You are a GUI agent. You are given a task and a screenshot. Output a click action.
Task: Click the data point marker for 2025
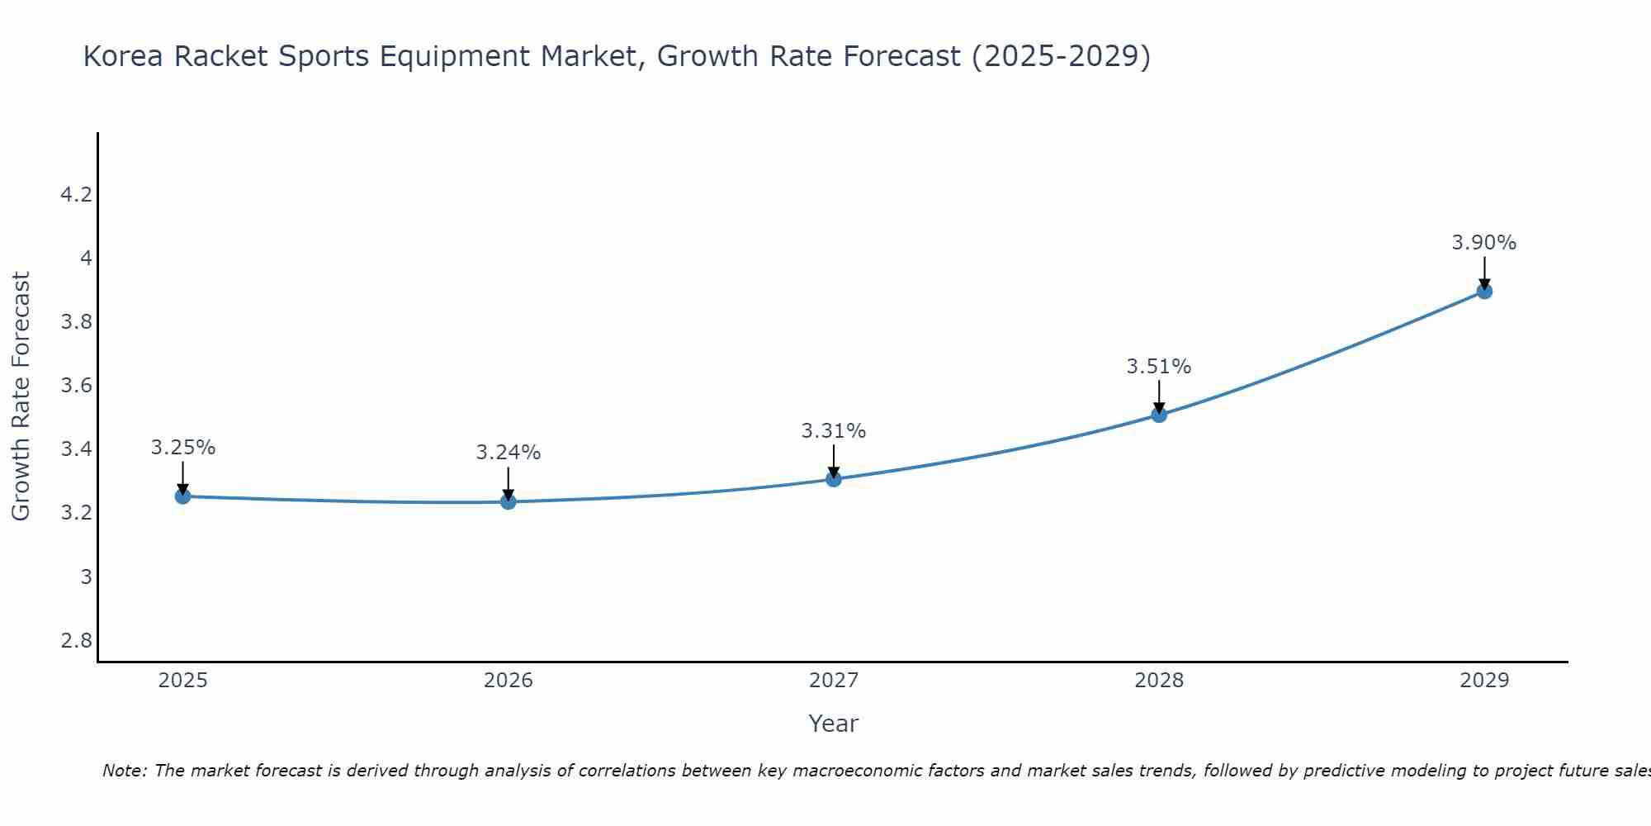pyautogui.click(x=182, y=496)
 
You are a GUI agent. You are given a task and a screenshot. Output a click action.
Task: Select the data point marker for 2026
pyautogui.click(x=508, y=501)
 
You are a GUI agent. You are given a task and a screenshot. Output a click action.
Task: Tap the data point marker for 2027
pyautogui.click(x=834, y=479)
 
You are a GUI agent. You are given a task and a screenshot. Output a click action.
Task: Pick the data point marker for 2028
pyautogui.click(x=1159, y=415)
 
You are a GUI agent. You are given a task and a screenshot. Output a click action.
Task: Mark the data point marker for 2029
pyautogui.click(x=1484, y=291)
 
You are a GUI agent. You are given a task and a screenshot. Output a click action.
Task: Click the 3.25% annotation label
pyautogui.click(x=182, y=448)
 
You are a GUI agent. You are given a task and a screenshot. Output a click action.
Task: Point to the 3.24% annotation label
pyautogui.click(x=508, y=453)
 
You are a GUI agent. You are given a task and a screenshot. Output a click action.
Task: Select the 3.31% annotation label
pyautogui.click(x=834, y=431)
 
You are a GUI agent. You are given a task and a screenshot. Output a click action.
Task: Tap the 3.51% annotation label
pyautogui.click(x=1159, y=367)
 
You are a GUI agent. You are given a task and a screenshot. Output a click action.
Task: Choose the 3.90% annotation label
pyautogui.click(x=1484, y=243)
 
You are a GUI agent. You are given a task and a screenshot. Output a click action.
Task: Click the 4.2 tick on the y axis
pyautogui.click(x=76, y=195)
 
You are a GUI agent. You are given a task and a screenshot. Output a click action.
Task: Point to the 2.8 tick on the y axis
pyautogui.click(x=76, y=641)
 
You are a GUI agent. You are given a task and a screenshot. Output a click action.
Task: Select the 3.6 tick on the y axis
pyautogui.click(x=76, y=386)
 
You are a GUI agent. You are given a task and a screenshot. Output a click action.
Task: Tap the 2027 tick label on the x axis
pyautogui.click(x=834, y=681)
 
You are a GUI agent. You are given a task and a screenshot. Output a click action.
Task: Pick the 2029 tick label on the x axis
pyautogui.click(x=1484, y=681)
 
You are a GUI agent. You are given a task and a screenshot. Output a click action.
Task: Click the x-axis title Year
pyautogui.click(x=834, y=724)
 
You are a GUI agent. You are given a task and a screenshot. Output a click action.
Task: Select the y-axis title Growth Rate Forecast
pyautogui.click(x=21, y=396)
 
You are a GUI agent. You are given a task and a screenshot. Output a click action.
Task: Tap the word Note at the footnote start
pyautogui.click(x=124, y=771)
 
